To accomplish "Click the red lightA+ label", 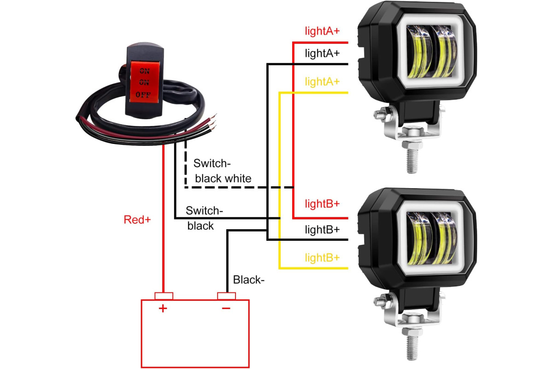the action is coord(322,31).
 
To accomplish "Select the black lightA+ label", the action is coord(322,54).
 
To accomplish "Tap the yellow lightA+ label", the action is coord(322,82).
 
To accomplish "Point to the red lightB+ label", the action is coord(322,204).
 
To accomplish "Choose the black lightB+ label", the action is coord(322,230).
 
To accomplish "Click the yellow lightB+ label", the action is coord(322,258).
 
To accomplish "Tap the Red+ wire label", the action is coord(137,220).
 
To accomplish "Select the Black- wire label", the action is coord(248,280).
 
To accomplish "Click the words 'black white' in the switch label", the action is coord(223,179).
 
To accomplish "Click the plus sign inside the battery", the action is coord(163,309).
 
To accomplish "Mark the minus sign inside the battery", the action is coord(226,308).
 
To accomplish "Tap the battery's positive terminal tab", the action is coord(164,296).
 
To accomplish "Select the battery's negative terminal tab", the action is coord(226,296).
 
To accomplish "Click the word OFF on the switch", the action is coord(143,95).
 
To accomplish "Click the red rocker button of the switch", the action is coord(144,82).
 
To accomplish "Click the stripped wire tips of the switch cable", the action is coord(212,122).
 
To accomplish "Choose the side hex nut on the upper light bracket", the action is coord(382,114).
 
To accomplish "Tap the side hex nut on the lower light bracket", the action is coord(382,301).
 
